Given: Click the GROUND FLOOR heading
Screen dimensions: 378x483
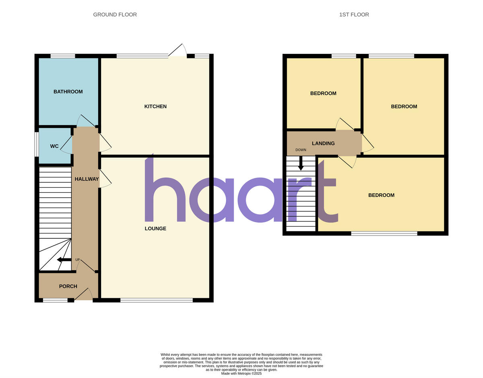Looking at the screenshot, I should tap(115, 14).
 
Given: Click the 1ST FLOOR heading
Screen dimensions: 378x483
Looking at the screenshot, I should tap(354, 14).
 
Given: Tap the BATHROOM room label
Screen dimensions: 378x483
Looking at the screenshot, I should tap(68, 92).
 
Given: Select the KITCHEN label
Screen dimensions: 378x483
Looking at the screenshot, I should tap(155, 107).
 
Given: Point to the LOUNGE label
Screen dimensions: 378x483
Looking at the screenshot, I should tap(155, 229).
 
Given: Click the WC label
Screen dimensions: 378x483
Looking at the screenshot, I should tap(54, 146).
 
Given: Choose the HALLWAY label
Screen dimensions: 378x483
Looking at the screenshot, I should tap(87, 179).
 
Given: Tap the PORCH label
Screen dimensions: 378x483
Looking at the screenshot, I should tap(68, 287).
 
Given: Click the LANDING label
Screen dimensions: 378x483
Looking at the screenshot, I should tap(323, 143).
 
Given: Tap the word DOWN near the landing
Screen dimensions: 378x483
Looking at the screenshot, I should tap(301, 150).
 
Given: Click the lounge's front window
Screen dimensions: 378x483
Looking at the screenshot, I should tap(156, 300).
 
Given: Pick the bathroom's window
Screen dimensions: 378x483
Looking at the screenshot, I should tap(62, 56).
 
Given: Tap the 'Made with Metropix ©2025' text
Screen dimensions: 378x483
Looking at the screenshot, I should tap(242, 374).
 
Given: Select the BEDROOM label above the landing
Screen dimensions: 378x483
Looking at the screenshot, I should tap(323, 93).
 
